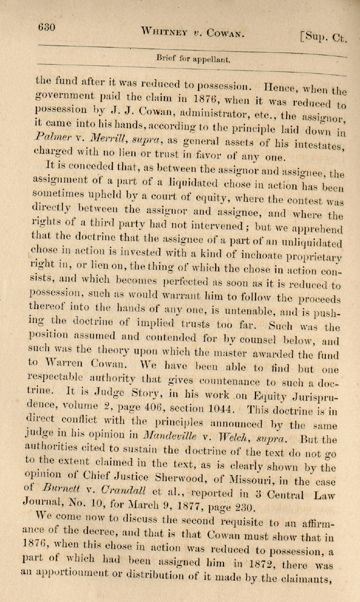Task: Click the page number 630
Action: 46,27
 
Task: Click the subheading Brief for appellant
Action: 192,59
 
